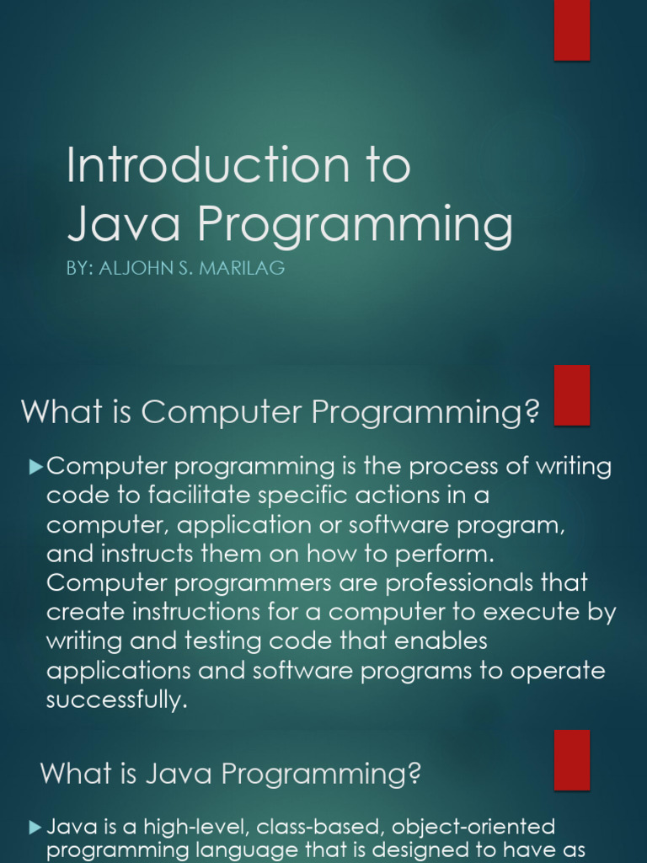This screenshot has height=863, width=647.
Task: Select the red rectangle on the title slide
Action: tap(572, 30)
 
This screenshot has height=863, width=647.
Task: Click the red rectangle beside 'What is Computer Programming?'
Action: tap(572, 395)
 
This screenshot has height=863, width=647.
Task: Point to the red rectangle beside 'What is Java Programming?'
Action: tap(572, 760)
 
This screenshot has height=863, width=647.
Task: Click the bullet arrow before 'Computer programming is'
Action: tap(35, 467)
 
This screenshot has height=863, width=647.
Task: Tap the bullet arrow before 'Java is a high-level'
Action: tap(35, 828)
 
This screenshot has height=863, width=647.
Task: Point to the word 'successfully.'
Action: tap(117, 700)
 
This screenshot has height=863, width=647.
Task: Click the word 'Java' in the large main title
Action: tap(123, 222)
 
